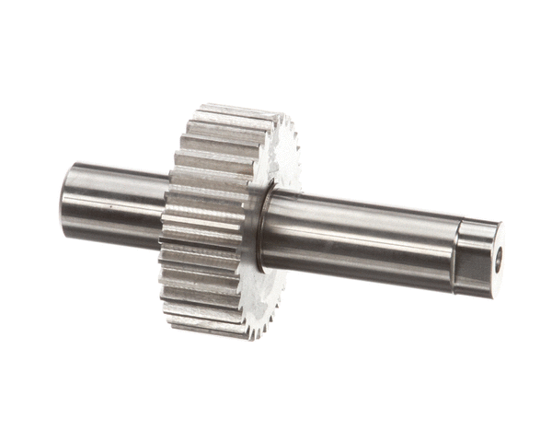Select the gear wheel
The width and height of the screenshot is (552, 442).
[x=221, y=221]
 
